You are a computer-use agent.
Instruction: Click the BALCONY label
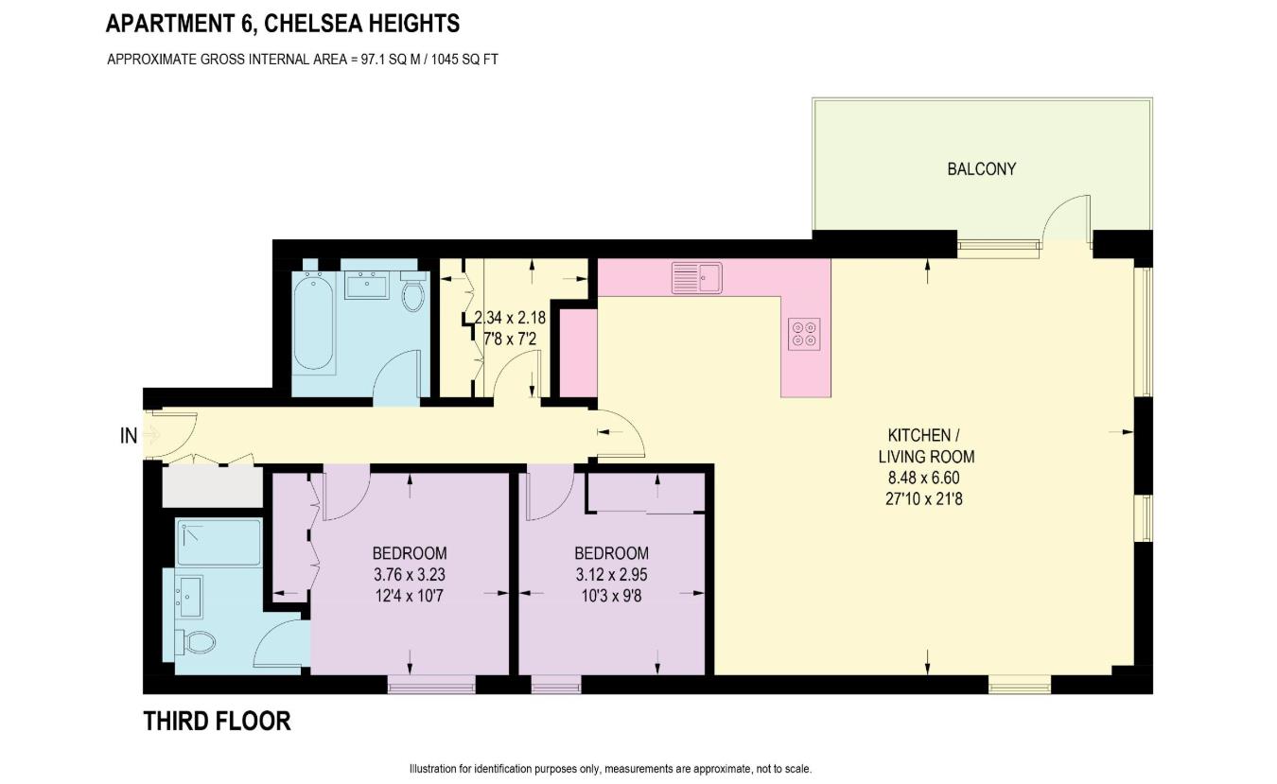click(981, 169)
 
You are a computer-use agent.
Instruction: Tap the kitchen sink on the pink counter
click(696, 278)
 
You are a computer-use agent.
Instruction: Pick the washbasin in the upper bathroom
click(366, 284)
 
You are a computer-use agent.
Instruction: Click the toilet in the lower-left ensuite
click(196, 642)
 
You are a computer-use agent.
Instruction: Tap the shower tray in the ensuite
click(218, 542)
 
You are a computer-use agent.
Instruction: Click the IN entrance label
click(129, 436)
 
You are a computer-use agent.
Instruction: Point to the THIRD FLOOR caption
click(217, 722)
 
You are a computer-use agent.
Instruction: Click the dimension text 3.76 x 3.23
click(409, 574)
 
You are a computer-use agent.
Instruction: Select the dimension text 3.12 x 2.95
click(611, 574)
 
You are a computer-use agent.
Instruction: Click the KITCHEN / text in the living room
click(923, 436)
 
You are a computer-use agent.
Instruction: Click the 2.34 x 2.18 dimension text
click(511, 319)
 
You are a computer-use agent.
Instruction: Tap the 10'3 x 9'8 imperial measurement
click(611, 595)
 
